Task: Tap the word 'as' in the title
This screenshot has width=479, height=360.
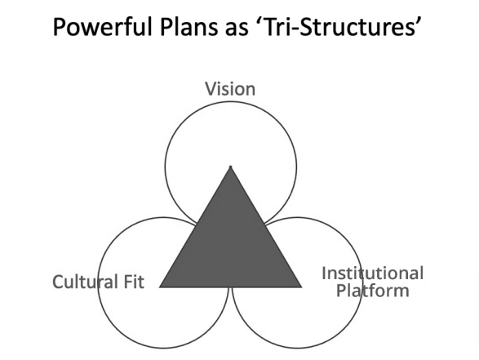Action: [237, 30]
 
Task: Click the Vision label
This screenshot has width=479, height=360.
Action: [230, 89]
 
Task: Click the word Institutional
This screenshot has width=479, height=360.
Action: [372, 273]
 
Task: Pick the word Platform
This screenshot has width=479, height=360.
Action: [372, 291]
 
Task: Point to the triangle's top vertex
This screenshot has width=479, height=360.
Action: [231, 167]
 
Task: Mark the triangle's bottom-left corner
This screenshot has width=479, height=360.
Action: [160, 287]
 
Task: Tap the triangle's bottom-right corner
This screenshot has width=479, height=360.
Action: [301, 287]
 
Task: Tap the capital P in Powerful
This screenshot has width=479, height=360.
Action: [60, 27]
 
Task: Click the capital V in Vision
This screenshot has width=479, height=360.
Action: [211, 89]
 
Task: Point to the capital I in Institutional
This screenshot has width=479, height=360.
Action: [324, 273]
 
